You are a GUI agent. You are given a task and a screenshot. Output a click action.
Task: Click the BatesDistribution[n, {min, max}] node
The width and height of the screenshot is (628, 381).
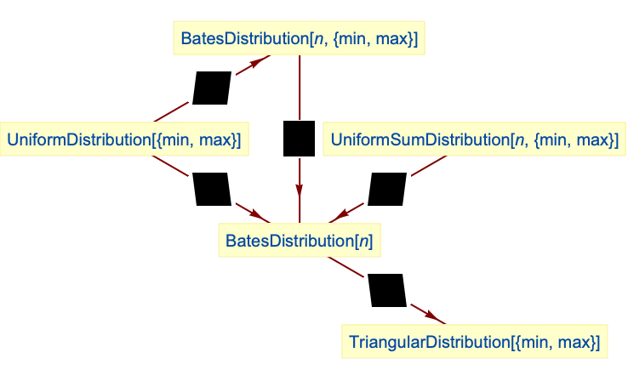(x=299, y=39)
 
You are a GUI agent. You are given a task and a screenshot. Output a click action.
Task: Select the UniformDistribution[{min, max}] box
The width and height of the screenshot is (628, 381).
(x=123, y=139)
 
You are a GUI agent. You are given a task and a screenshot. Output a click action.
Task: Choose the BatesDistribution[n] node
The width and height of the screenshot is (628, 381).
(x=299, y=241)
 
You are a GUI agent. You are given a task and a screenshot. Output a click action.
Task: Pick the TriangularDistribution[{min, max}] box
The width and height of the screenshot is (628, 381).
(x=474, y=342)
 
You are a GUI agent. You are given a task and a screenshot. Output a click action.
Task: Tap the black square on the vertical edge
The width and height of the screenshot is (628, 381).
(x=299, y=139)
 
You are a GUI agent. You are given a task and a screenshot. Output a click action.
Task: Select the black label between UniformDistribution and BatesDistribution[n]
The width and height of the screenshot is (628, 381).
(x=212, y=189)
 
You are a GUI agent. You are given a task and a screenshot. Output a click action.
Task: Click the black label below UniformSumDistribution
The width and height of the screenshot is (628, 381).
(x=387, y=189)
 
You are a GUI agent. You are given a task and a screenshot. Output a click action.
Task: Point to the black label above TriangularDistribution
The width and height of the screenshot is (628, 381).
(x=388, y=291)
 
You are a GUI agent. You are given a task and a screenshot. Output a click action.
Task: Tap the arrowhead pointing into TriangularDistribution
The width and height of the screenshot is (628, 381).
(x=434, y=318)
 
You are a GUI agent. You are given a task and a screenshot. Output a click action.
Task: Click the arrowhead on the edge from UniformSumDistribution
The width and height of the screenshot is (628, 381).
(x=347, y=213)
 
